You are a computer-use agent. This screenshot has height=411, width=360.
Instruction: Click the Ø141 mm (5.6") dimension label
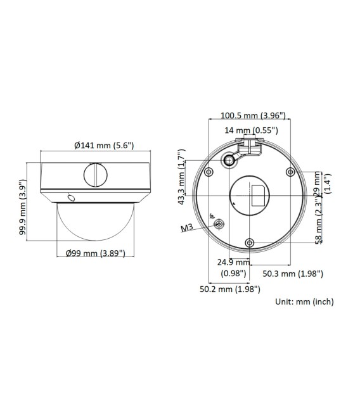(x=103, y=145)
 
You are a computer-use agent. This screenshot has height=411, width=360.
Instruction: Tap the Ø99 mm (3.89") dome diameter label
(x=95, y=253)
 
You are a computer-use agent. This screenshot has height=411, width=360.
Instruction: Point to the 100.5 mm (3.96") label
(x=253, y=116)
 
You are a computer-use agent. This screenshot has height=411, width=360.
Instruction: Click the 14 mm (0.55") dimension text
(x=252, y=130)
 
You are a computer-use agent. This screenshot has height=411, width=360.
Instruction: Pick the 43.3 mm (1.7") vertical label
(x=181, y=177)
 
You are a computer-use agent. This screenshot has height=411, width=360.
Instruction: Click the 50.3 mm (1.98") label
(x=293, y=274)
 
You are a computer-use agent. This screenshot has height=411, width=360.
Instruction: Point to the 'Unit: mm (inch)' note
(x=304, y=302)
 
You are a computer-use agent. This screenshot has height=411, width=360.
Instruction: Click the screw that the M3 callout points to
(x=219, y=224)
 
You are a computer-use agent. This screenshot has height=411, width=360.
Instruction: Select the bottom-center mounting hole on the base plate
(x=249, y=243)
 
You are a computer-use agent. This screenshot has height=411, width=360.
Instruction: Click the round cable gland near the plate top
(x=228, y=161)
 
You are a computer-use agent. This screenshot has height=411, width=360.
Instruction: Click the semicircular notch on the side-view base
(x=95, y=172)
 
